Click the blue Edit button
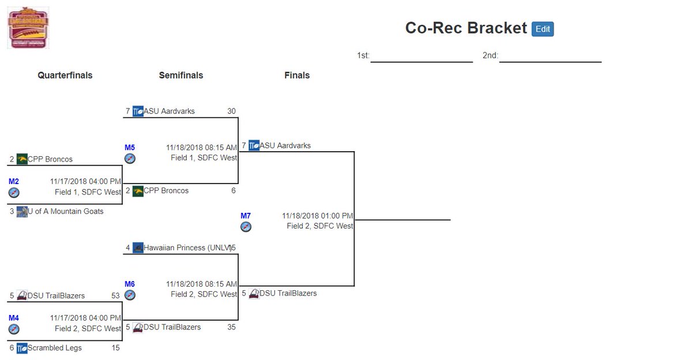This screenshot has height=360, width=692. coord(542,29)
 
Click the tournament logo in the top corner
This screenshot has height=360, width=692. coord(28,28)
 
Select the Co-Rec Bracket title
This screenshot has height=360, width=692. coord(465,28)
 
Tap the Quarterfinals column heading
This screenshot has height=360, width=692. coord(65,76)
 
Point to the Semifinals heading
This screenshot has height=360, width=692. coord(181,76)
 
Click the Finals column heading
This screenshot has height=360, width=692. coord(297,76)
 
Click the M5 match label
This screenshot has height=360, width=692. coord(130,148)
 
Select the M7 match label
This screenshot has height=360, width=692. coord(246,216)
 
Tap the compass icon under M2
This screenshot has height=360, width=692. coord(14,193)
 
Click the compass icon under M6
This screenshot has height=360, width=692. coord(130,295)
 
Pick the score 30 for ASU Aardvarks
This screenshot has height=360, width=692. coord(231,111)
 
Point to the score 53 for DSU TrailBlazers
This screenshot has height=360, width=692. coord(115,296)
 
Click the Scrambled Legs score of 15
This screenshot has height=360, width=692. coord(115,348)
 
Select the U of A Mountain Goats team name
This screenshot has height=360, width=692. coord(66,212)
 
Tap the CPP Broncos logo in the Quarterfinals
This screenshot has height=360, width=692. coord(22,159)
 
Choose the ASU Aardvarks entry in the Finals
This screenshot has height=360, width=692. coord(285,146)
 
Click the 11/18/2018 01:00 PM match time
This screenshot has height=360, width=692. coord(317,216)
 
